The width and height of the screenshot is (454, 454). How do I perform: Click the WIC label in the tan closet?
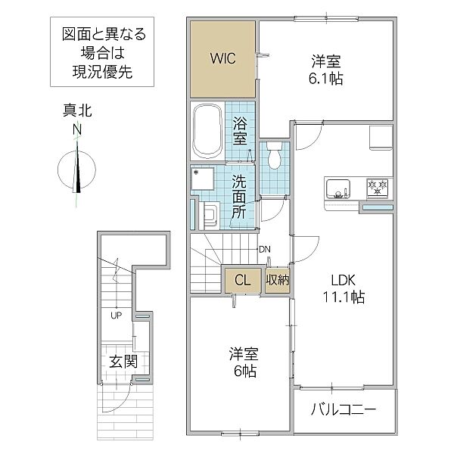point(222,58)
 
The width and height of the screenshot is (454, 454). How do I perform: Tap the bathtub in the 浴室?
point(207,131)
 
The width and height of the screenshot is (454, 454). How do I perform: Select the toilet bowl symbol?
point(274,155)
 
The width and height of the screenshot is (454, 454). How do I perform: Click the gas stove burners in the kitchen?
point(378,188)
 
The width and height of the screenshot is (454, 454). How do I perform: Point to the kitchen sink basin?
point(338,188)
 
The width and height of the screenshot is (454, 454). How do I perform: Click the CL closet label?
point(243,280)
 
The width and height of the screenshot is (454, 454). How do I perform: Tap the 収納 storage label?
point(278,280)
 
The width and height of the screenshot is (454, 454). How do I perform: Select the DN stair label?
point(265,249)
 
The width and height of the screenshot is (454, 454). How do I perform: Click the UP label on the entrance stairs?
point(116,316)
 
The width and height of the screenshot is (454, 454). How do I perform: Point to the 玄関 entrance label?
point(123,362)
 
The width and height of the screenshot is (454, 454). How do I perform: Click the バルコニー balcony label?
point(344,409)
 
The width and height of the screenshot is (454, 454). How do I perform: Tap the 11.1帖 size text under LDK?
point(344,297)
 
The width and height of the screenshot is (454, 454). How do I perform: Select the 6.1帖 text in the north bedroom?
point(326,78)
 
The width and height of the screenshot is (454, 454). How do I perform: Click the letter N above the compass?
point(77,129)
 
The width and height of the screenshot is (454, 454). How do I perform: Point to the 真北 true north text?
point(77,110)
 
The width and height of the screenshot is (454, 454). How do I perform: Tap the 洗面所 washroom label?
point(238,197)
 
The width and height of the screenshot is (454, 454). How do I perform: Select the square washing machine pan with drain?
point(203,178)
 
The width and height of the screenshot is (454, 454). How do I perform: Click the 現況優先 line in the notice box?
point(102,72)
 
